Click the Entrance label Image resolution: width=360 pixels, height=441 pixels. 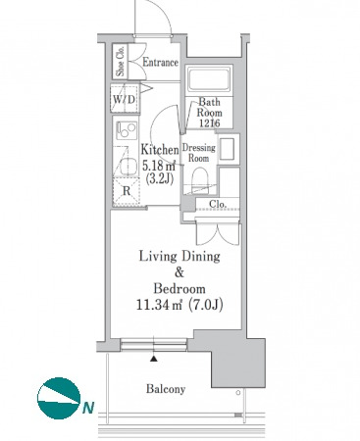[160, 63]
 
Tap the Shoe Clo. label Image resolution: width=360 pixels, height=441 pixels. [121, 61]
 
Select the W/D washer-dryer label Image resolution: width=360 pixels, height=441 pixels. [124, 99]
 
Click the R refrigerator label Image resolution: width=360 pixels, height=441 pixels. [127, 191]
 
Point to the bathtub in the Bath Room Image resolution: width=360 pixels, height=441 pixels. [209, 78]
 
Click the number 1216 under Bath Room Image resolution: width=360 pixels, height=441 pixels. [209, 122]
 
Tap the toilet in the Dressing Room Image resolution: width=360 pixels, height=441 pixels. [199, 180]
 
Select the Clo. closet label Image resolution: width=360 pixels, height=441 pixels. [218, 205]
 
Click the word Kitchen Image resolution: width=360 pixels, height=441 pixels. [160, 150]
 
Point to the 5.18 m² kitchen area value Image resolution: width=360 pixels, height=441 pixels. [159, 166]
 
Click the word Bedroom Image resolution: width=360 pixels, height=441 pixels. [180, 289]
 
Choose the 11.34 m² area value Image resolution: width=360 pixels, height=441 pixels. [159, 305]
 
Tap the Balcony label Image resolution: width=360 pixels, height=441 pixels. [166, 389]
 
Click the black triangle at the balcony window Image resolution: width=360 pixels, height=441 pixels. [154, 360]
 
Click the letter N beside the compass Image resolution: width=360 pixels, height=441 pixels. [88, 408]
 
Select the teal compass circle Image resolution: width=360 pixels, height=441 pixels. [59, 399]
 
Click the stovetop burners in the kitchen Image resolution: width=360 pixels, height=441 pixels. [127, 129]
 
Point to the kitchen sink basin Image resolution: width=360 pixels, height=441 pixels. [128, 168]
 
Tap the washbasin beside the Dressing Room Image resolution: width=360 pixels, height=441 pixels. [227, 149]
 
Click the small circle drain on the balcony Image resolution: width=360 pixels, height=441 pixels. [238, 393]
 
